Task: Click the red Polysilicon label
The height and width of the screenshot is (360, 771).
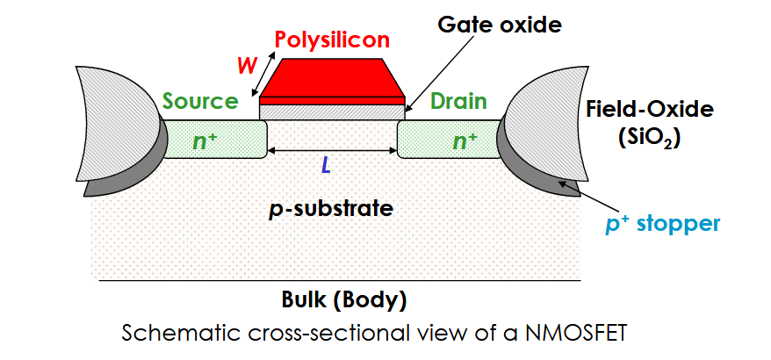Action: pos(333,39)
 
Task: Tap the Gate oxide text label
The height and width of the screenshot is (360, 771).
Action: pos(500,24)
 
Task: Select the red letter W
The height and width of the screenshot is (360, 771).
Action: pos(247,65)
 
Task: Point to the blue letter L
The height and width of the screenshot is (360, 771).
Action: pos(326,167)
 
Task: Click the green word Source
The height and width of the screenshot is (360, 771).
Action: pos(200,101)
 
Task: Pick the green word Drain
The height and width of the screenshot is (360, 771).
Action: pos(458,101)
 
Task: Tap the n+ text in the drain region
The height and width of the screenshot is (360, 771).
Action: pos(465,140)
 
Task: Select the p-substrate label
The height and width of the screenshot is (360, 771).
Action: pos(330,209)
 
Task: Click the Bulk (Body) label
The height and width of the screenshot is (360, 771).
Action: pos(344,299)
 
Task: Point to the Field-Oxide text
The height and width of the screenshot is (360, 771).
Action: pos(649,109)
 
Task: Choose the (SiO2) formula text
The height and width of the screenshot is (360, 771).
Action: pos(649,140)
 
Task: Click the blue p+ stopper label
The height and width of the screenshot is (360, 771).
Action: pos(662,224)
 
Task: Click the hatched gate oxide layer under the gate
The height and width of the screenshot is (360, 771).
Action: pos(332,112)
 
